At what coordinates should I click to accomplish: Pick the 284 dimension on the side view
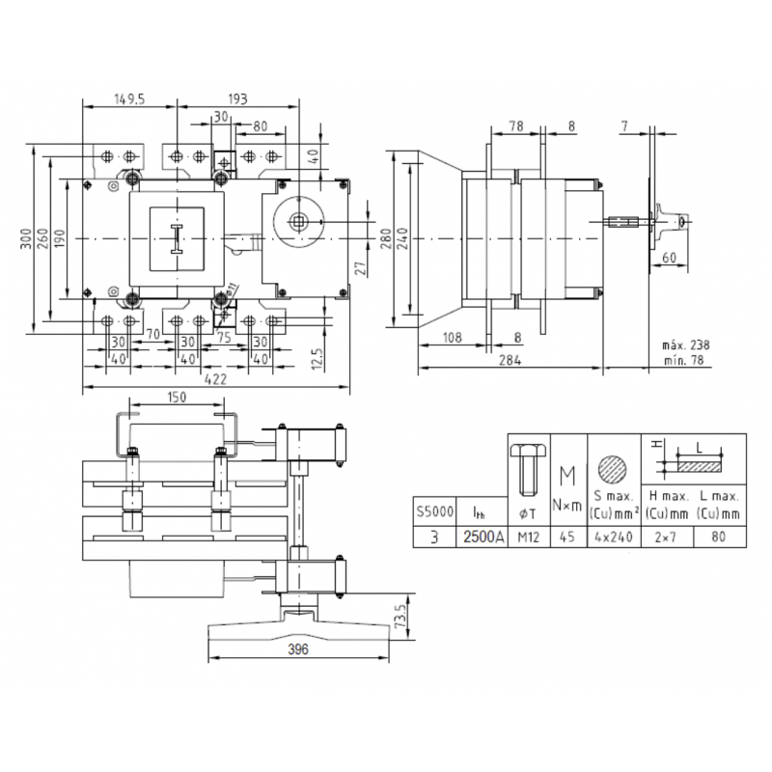coord(510,360)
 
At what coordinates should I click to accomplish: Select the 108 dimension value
coord(449,337)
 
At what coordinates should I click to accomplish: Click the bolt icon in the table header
coord(527,468)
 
